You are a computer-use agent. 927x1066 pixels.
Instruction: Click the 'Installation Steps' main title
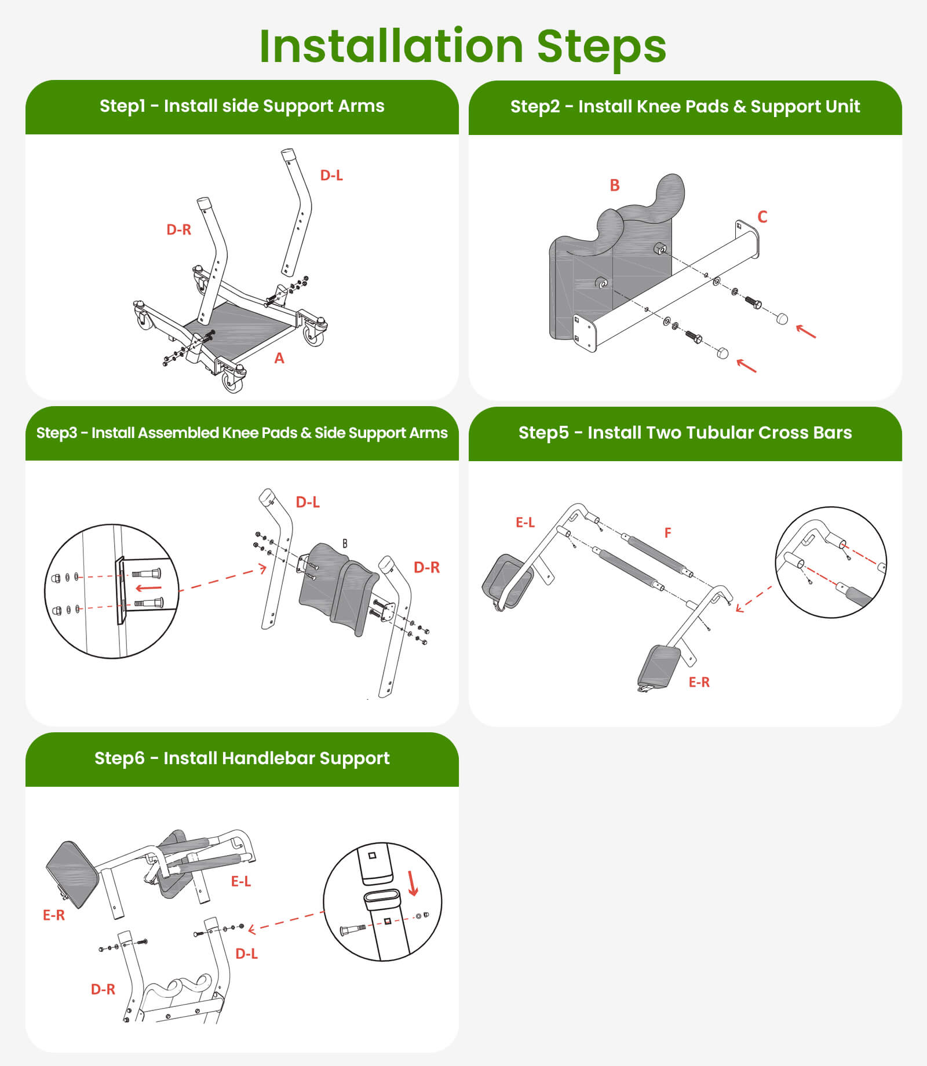(463, 46)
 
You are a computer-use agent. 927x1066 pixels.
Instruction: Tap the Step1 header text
(242, 106)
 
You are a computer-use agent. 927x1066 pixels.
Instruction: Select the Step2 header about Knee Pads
(685, 107)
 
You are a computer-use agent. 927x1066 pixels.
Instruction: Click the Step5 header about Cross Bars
(685, 433)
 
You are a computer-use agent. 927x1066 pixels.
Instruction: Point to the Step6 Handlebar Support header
(242, 758)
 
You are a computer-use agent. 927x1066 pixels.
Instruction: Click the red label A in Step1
(279, 359)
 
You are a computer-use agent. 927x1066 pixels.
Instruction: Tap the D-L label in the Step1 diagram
(331, 175)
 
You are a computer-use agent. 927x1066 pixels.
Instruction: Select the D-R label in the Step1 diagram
(178, 229)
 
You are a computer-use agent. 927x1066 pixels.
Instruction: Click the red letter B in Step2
(615, 185)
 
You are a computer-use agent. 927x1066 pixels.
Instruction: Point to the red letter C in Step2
(762, 217)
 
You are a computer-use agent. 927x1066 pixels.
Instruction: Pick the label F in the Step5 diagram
(668, 532)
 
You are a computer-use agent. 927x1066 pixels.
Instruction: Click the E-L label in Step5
(525, 523)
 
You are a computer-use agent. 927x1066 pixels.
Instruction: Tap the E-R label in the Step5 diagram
(699, 682)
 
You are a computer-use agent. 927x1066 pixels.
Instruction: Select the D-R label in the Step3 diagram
(426, 568)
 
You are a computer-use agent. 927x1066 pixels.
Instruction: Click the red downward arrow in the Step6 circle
(413, 883)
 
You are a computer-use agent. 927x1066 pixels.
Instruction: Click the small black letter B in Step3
(345, 543)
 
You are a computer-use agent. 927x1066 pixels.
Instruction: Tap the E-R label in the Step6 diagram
(54, 915)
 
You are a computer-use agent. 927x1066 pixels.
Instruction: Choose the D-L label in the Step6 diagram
(246, 954)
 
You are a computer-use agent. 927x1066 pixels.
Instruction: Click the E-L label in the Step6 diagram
(241, 881)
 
